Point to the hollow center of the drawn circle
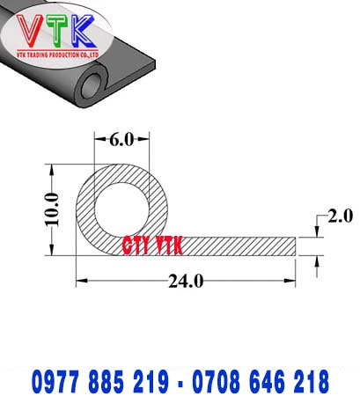(x=121, y=209)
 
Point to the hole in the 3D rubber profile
(x=92, y=86)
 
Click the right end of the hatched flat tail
(x=293, y=246)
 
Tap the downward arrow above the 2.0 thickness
(x=317, y=231)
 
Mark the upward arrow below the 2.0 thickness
(x=317, y=260)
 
